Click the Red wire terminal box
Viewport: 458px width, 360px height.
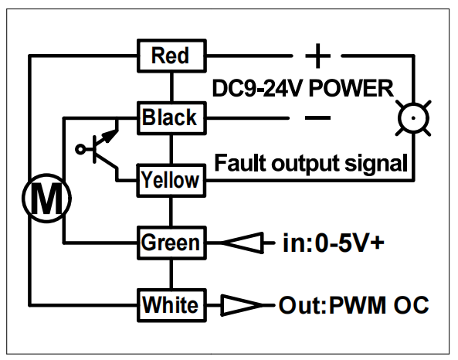click(171, 56)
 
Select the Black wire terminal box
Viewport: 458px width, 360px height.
click(171, 118)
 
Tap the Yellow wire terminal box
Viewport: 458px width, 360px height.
click(171, 180)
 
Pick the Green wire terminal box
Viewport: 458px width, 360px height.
click(171, 243)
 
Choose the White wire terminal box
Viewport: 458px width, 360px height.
click(171, 305)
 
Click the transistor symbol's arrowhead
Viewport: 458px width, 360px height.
click(110, 136)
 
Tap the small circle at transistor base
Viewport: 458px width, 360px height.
click(80, 149)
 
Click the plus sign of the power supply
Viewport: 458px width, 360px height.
click(317, 56)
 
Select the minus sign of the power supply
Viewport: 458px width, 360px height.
click(317, 117)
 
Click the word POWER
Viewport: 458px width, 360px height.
click(351, 88)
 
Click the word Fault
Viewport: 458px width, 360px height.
click(240, 163)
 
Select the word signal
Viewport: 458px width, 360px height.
click(376, 164)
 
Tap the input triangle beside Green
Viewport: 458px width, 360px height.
click(243, 243)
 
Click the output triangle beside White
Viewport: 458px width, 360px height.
click(242, 305)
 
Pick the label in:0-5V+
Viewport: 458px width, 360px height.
click(334, 243)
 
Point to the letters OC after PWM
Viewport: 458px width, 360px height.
click(412, 305)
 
